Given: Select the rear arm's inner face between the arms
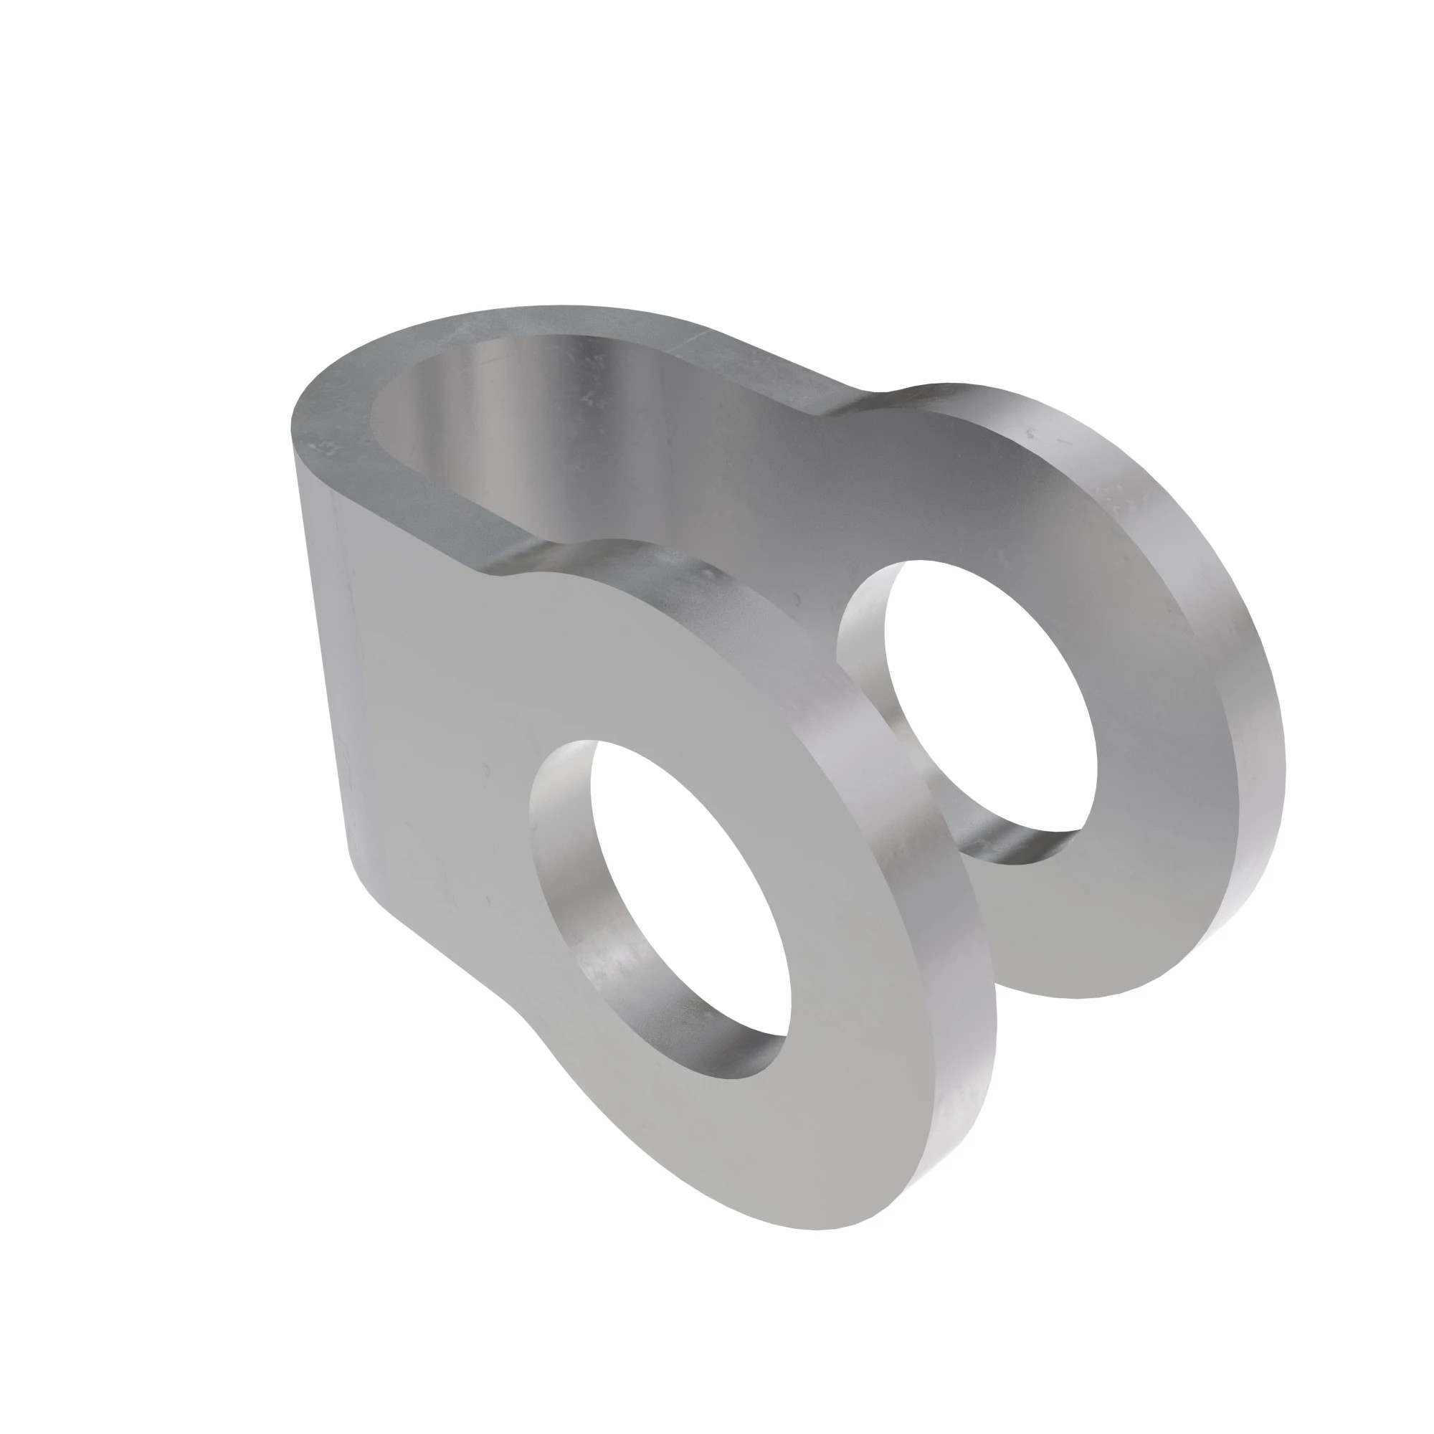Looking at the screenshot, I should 742,475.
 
